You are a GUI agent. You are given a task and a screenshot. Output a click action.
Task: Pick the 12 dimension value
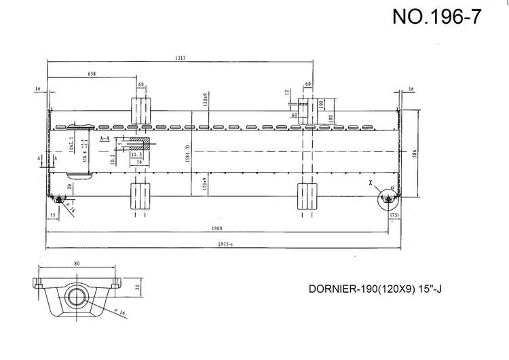pyautogui.click(x=288, y=92)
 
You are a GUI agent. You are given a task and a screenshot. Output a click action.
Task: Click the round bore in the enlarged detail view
pyautogui.click(x=77, y=295)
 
